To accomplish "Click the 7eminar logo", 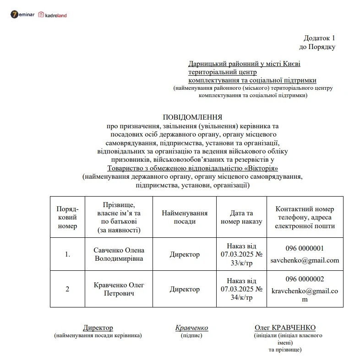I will [x=22, y=15].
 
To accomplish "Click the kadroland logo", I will [x=53, y=15].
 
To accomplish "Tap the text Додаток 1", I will [x=319, y=38].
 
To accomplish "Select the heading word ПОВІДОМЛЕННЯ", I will [x=192, y=117].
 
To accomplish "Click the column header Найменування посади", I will [x=185, y=217].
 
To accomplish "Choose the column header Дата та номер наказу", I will [x=241, y=217].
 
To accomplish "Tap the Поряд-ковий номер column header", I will [x=67, y=217].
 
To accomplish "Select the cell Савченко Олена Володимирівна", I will [x=119, y=254].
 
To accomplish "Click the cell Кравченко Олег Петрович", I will [x=119, y=289].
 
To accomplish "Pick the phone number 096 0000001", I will [x=305, y=248].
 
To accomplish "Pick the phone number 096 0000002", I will [x=305, y=279].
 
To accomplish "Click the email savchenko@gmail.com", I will [x=305, y=260].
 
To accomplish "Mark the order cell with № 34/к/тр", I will [x=241, y=289].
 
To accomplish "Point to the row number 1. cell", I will [x=67, y=254].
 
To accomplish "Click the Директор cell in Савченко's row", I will [x=185, y=254].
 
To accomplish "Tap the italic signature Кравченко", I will [x=191, y=328].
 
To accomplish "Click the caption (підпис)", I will [x=191, y=335].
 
